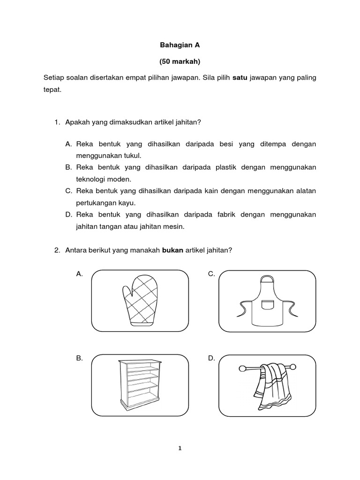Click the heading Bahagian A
click(x=180, y=45)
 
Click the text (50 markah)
click(x=180, y=61)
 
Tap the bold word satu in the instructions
click(x=240, y=77)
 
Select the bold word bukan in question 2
click(x=172, y=250)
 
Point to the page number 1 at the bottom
click(x=180, y=448)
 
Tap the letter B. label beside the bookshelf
click(x=80, y=358)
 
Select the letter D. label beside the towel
click(x=211, y=358)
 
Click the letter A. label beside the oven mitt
click(x=80, y=274)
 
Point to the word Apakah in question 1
click(x=76, y=122)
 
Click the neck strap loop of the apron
click(x=267, y=280)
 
